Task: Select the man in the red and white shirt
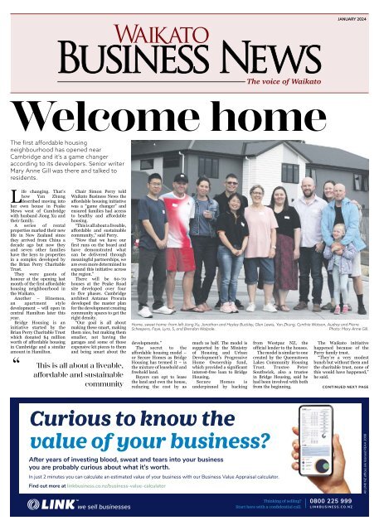179,248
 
